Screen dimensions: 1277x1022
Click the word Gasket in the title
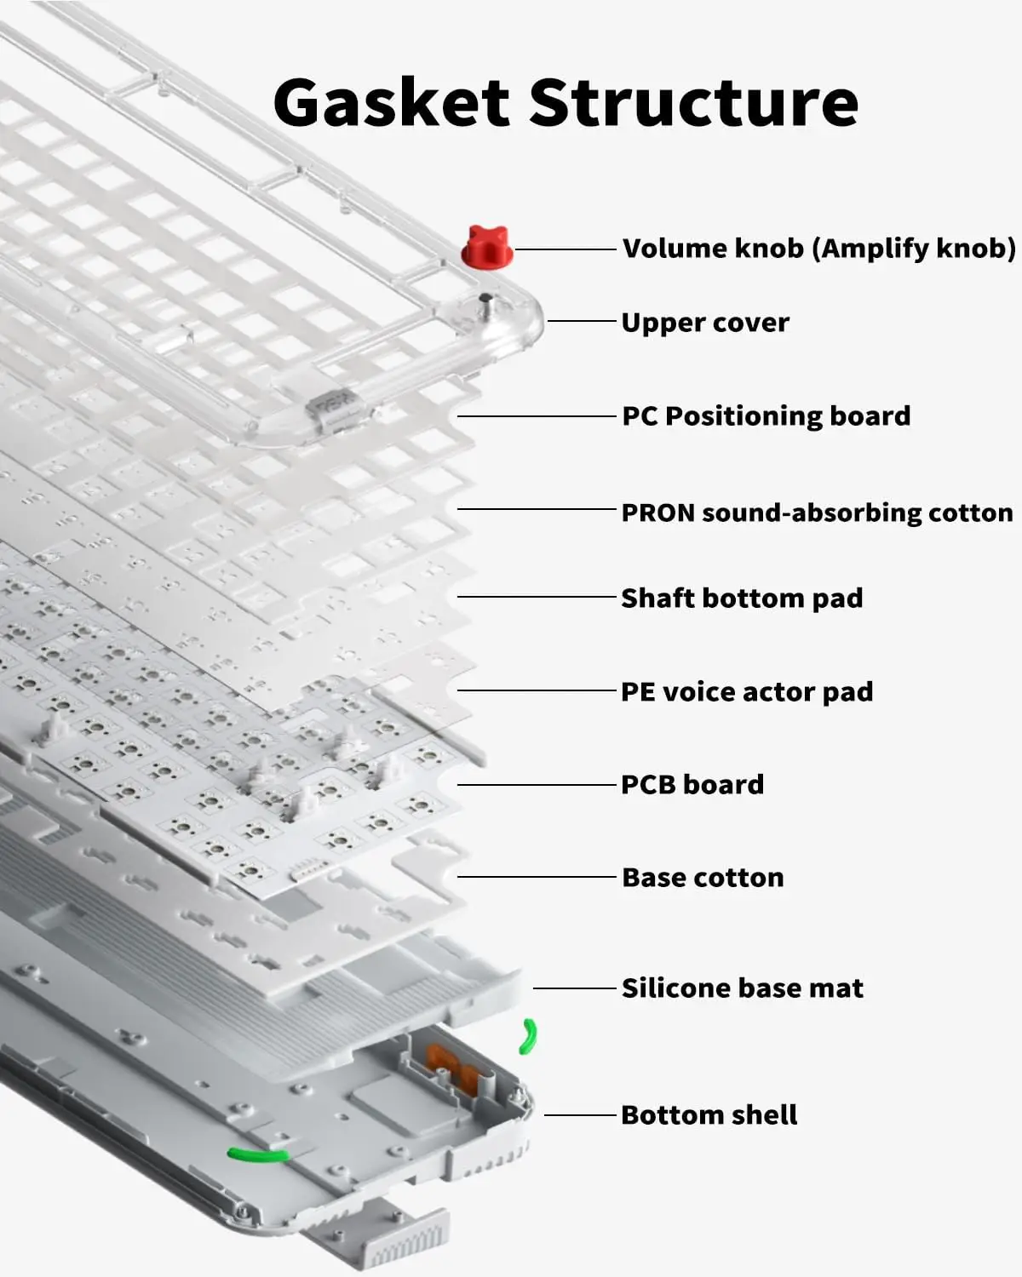click(x=391, y=102)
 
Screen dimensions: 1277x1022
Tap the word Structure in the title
click(x=694, y=102)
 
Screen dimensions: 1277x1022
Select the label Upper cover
click(x=705, y=323)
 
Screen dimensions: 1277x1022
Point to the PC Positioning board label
click(x=766, y=416)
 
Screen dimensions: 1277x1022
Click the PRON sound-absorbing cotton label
click(x=817, y=513)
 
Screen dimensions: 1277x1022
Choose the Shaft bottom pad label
click(x=742, y=598)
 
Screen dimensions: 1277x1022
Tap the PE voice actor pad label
click(x=747, y=691)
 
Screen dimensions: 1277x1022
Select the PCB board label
click(x=692, y=784)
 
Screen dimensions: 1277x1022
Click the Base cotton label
click(x=703, y=877)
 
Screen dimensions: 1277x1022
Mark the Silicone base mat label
click(x=742, y=988)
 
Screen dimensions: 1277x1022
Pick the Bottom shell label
click(x=709, y=1114)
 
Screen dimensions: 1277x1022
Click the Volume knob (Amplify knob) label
click(x=818, y=249)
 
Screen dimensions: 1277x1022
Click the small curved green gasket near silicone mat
click(x=529, y=1037)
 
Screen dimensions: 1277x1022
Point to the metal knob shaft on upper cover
click(x=485, y=304)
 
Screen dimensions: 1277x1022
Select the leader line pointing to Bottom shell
click(x=580, y=1114)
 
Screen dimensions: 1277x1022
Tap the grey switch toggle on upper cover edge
click(x=333, y=403)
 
